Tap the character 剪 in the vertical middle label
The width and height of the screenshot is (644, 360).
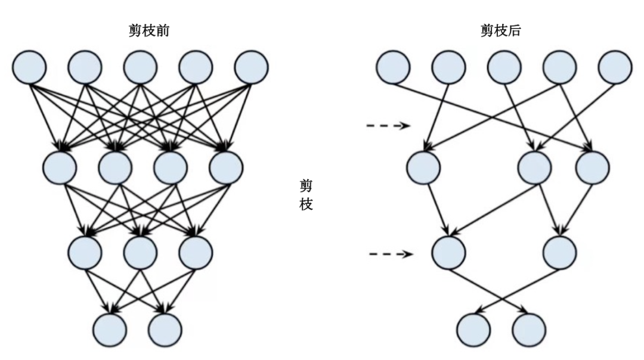click(x=306, y=187)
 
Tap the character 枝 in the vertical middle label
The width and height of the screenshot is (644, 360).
click(x=306, y=204)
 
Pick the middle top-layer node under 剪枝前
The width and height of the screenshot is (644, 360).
click(x=141, y=67)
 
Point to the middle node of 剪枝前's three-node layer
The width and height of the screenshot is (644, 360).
click(x=141, y=252)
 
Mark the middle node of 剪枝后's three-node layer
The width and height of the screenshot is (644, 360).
click(x=535, y=167)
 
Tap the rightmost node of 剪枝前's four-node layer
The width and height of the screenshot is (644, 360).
click(x=226, y=167)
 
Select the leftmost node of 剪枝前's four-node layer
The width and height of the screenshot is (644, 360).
click(x=60, y=167)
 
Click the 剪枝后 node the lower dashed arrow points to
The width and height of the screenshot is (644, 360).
click(x=448, y=253)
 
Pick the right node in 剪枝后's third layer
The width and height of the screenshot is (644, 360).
click(x=559, y=253)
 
